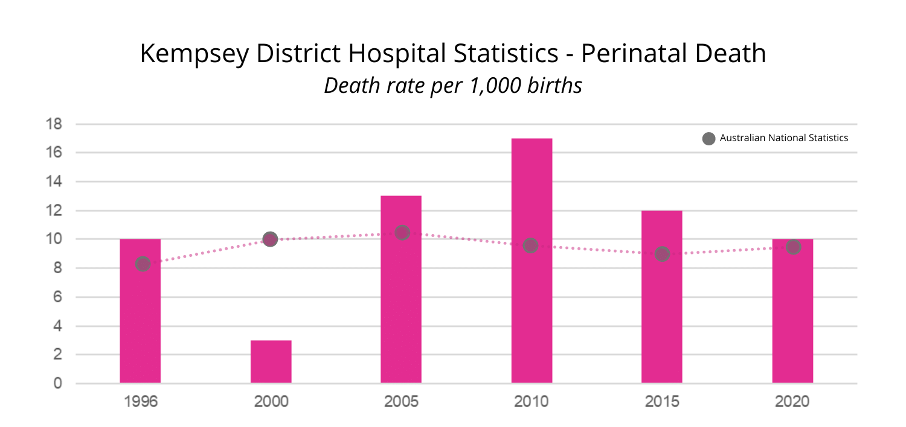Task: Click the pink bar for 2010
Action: click(x=532, y=302)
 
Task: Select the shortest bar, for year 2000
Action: click(x=271, y=362)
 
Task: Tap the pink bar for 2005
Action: click(x=401, y=314)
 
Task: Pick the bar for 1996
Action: click(x=140, y=326)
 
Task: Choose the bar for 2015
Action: click(x=662, y=320)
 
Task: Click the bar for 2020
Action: click(x=792, y=326)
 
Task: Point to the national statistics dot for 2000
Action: click(x=270, y=239)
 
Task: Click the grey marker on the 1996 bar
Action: click(x=143, y=264)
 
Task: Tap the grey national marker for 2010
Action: click(x=530, y=245)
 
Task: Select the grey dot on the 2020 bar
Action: click(x=793, y=247)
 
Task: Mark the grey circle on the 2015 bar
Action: click(x=662, y=254)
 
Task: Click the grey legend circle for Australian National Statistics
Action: click(x=709, y=138)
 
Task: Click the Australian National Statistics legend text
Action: click(x=784, y=138)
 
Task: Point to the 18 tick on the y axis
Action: click(x=54, y=124)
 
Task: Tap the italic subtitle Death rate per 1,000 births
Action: click(x=453, y=85)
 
